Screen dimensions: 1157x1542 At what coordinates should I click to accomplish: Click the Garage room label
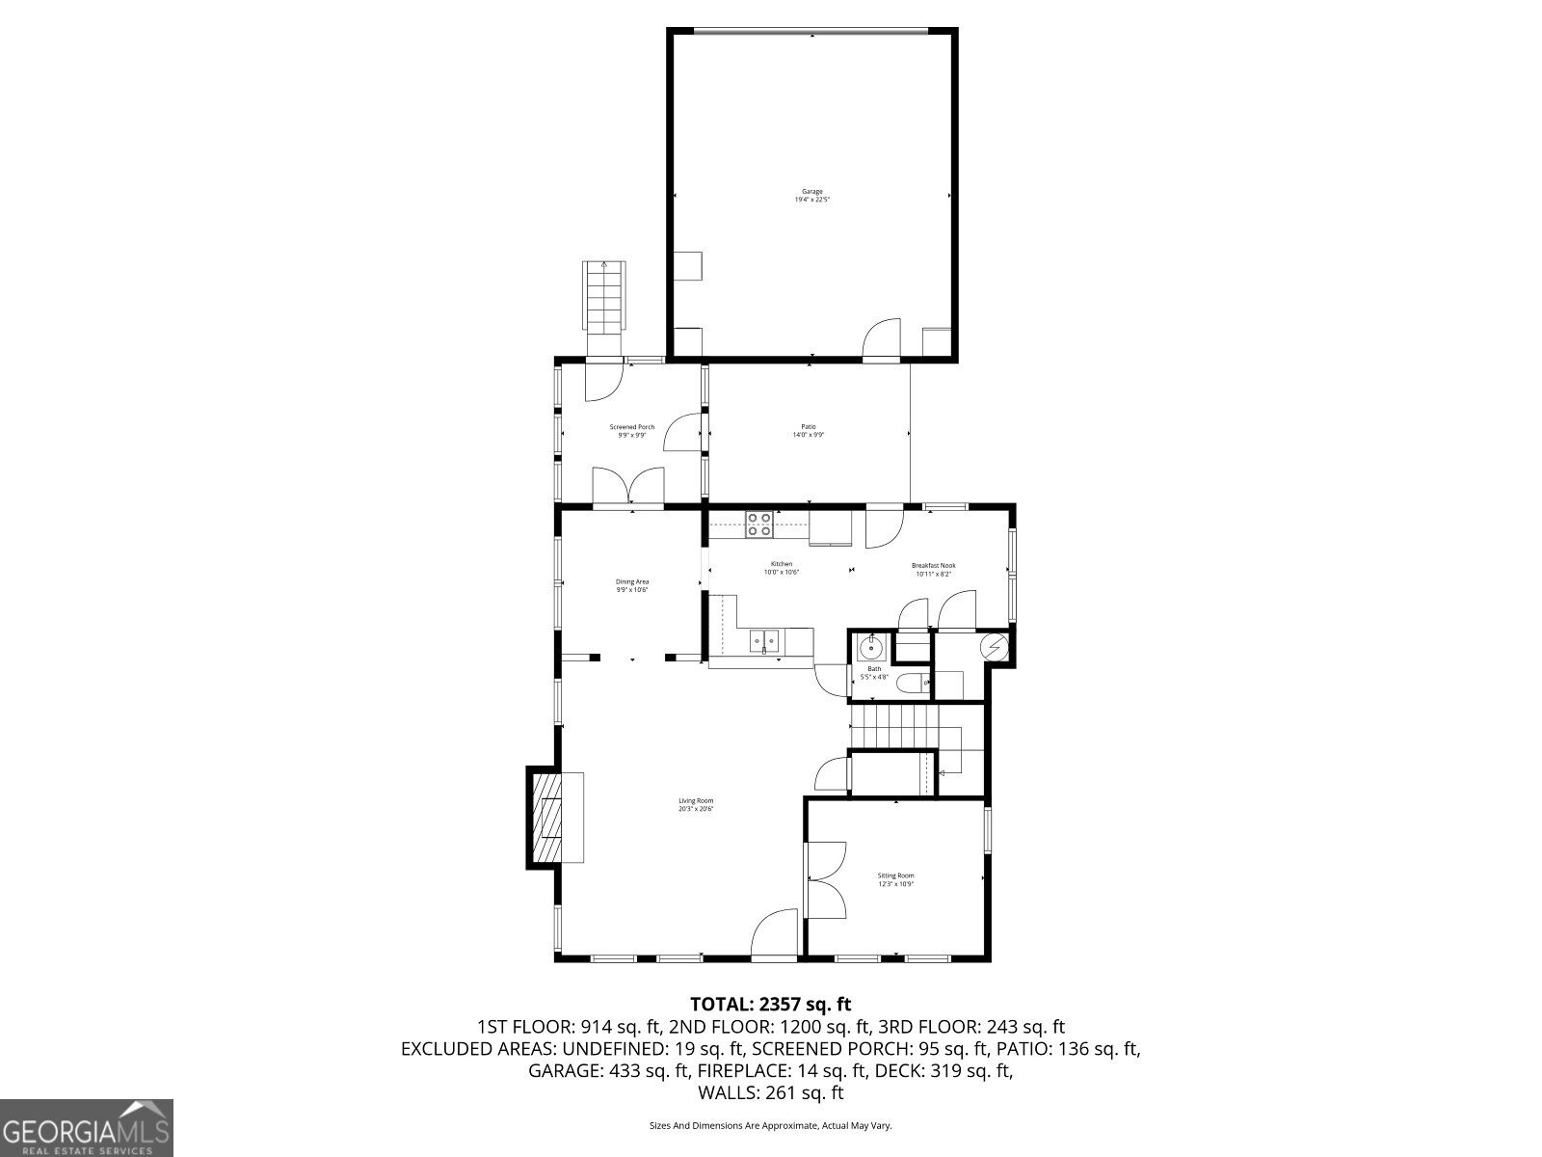(811, 196)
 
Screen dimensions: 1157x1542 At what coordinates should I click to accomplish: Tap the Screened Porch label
(631, 431)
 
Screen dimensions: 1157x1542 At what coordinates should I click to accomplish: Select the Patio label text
(808, 431)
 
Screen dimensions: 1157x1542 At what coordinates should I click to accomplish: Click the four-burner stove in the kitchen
(758, 524)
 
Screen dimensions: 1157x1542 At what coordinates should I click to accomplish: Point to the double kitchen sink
(766, 639)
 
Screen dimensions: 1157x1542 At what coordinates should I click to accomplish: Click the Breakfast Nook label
(933, 570)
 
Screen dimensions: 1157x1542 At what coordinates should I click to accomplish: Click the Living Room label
(695, 804)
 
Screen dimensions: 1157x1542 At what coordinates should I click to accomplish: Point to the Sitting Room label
(895, 879)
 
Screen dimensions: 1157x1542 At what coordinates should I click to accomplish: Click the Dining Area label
(632, 585)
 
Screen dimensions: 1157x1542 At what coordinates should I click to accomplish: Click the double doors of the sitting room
(826, 879)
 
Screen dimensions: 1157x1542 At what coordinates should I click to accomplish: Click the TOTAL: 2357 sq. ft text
(770, 1004)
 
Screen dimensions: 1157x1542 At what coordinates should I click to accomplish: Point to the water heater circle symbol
(995, 647)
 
